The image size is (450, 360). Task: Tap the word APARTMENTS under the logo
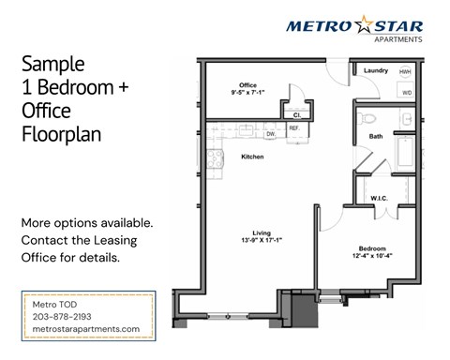(397, 39)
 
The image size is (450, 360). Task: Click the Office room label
(248, 84)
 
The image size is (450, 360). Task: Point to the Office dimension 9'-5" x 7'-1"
(249, 93)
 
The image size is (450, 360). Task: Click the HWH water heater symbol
(405, 72)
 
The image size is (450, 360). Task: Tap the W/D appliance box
(407, 93)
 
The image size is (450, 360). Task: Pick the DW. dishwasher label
(271, 133)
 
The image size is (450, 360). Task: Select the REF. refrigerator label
(293, 128)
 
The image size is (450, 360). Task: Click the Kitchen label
(253, 156)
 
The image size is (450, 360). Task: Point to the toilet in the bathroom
(368, 121)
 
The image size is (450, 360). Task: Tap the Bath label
(376, 136)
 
